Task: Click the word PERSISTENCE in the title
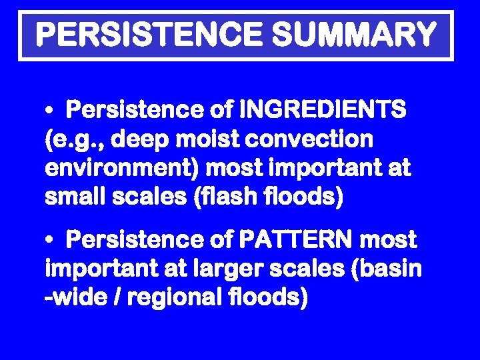pyautogui.click(x=145, y=35)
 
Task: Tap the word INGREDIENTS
pyautogui.click(x=323, y=109)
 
